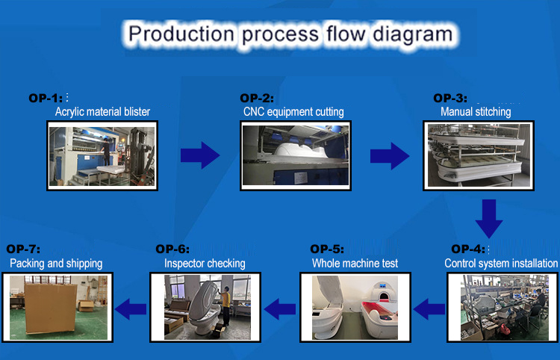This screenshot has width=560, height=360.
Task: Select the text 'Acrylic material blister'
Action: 102,112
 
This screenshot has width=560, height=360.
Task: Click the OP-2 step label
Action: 257,98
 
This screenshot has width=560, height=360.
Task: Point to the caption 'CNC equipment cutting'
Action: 293,112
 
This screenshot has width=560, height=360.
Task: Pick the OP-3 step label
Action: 450,98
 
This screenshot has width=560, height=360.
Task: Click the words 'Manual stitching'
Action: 476,112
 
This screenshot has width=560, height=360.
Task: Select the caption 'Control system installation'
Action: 501,263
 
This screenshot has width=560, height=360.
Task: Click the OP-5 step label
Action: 327,249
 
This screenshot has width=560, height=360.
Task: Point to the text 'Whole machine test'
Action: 355,263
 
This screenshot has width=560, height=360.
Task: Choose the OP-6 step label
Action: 172,249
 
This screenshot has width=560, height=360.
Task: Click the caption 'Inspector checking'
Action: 205,263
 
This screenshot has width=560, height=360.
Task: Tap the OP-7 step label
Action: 23,249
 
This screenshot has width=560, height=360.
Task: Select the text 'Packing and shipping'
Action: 56,263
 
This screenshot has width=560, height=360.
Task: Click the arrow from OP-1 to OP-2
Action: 199,155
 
